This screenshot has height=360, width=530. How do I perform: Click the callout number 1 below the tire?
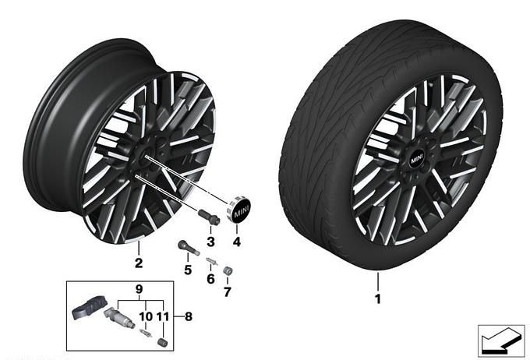378,298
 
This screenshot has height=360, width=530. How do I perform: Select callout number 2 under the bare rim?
139,263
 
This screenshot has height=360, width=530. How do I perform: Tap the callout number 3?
210,242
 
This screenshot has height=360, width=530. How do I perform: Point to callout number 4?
237,242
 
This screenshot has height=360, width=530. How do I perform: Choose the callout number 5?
188,270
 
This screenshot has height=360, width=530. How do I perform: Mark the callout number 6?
210,279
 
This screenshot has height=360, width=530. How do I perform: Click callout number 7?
228,291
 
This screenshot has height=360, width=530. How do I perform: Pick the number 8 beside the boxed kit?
189,316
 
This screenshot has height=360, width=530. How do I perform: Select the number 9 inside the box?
139,289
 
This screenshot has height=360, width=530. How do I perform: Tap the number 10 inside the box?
146,316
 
